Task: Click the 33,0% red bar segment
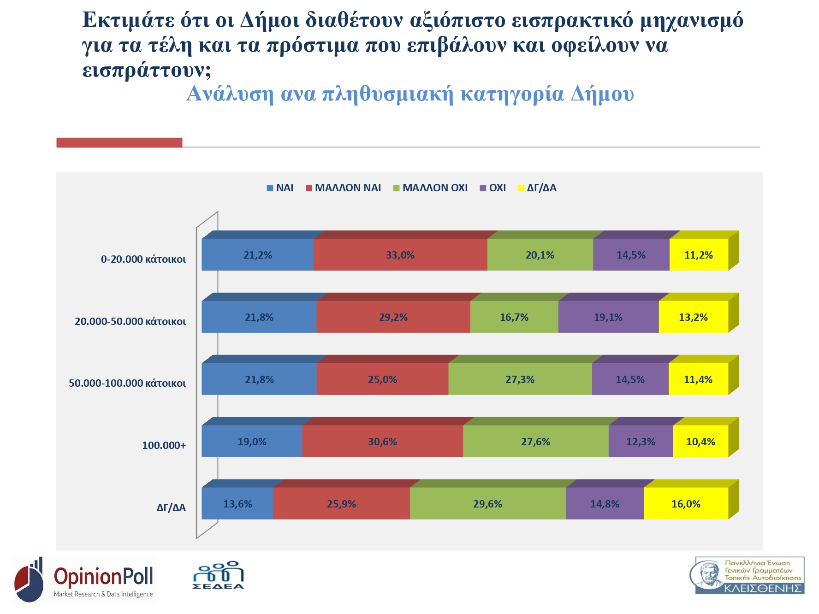pyautogui.click(x=400, y=255)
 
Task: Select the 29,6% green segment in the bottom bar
pyautogui.click(x=487, y=504)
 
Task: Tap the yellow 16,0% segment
pyautogui.click(x=686, y=504)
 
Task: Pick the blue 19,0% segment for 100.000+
pyautogui.click(x=252, y=442)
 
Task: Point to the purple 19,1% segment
pyautogui.click(x=608, y=317)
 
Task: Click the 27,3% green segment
pyautogui.click(x=520, y=379)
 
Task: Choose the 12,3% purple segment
pyautogui.click(x=641, y=442)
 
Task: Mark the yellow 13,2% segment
pyautogui.click(x=693, y=317)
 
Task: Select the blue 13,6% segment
pyautogui.click(x=237, y=504)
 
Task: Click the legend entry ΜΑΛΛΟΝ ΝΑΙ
pyautogui.click(x=348, y=188)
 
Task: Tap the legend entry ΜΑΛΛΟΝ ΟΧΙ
pyautogui.click(x=435, y=188)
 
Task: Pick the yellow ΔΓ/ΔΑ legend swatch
pyautogui.click(x=521, y=188)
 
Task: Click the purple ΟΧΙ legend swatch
pyautogui.click(x=483, y=188)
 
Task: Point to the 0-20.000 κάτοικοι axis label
pyautogui.click(x=143, y=259)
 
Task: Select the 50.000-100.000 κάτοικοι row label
pyautogui.click(x=127, y=383)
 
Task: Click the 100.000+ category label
pyautogui.click(x=164, y=445)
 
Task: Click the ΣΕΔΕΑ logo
pyautogui.click(x=218, y=575)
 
